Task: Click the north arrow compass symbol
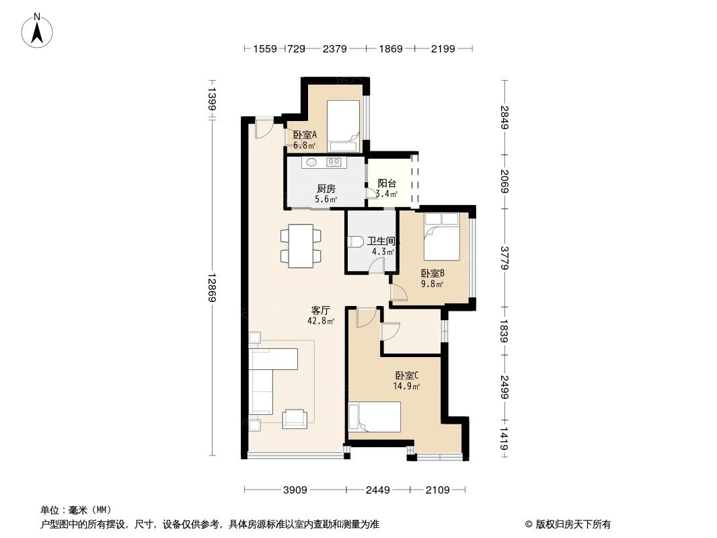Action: [x=38, y=30]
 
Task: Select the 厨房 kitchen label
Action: [x=326, y=188]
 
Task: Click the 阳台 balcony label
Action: [x=386, y=183]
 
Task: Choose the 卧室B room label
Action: [x=432, y=273]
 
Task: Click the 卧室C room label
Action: [x=407, y=375]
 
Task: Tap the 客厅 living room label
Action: [x=320, y=310]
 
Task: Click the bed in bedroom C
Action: [x=373, y=417]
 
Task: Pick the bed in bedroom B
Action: [x=441, y=237]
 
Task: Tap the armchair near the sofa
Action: [x=294, y=418]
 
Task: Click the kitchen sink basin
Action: [x=311, y=162]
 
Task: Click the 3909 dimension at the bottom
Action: [x=294, y=490]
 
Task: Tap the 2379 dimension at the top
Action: [x=334, y=48]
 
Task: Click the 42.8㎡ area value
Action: [x=320, y=321]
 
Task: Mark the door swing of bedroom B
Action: [x=398, y=291]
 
